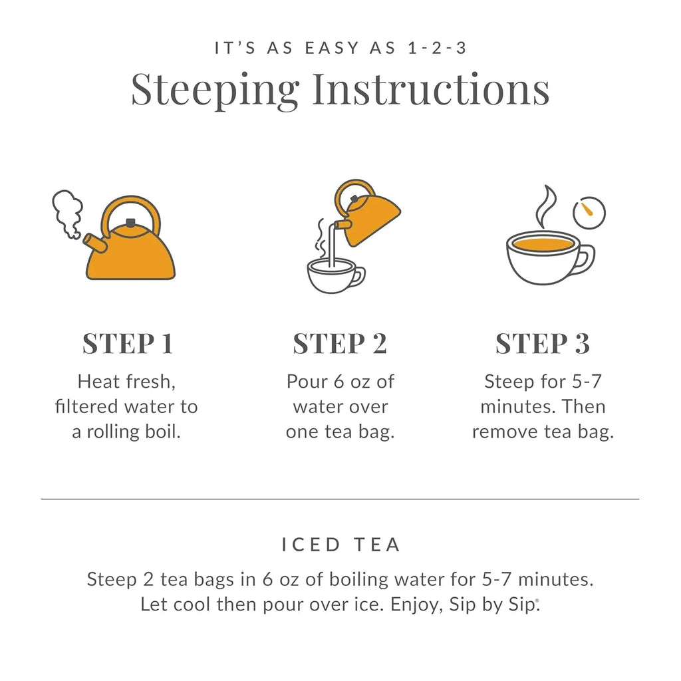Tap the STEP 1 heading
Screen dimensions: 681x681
(127, 344)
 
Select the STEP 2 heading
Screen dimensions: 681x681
(340, 344)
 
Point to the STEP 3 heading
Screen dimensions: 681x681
(542, 344)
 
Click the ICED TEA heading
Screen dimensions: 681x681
(340, 545)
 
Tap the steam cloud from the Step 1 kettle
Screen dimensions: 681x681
(67, 211)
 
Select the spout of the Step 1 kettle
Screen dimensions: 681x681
(95, 244)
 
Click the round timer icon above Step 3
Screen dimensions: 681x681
(589, 213)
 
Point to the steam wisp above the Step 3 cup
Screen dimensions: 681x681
(547, 206)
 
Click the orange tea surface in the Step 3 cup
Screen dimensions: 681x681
(543, 244)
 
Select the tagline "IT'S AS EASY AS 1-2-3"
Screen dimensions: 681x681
(340, 48)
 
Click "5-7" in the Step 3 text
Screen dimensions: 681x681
(585, 382)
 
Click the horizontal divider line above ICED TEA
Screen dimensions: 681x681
(340, 499)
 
